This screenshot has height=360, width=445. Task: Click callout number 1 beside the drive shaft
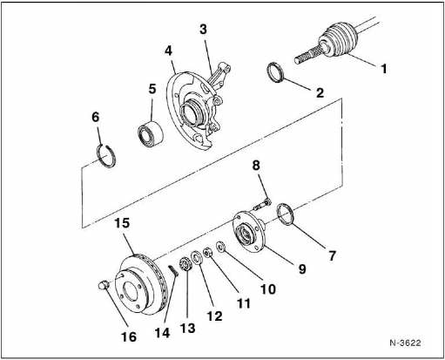[x=384, y=69]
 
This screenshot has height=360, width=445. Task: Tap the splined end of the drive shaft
[x=307, y=56]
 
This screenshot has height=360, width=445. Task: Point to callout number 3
[x=203, y=30]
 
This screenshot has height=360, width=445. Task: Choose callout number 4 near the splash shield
[x=168, y=51]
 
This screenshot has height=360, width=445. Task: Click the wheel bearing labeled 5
[x=151, y=133]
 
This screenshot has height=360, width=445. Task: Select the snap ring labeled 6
[x=106, y=156]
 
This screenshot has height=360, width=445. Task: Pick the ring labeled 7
[x=286, y=214]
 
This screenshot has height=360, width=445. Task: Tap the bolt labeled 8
[x=262, y=205]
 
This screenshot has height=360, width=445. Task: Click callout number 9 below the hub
[x=302, y=268]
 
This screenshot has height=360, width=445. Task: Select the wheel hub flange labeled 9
[x=248, y=231]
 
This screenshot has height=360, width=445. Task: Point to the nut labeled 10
[x=221, y=247]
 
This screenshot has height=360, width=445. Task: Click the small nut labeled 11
[x=207, y=253]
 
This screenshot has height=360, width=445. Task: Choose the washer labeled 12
[x=197, y=258]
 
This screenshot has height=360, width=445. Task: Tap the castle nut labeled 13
[x=185, y=264]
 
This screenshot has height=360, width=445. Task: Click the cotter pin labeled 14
[x=173, y=271]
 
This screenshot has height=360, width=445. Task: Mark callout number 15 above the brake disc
[x=122, y=223]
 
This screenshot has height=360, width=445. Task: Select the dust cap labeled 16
[x=104, y=284]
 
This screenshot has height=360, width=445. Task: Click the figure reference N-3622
[x=405, y=343]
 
